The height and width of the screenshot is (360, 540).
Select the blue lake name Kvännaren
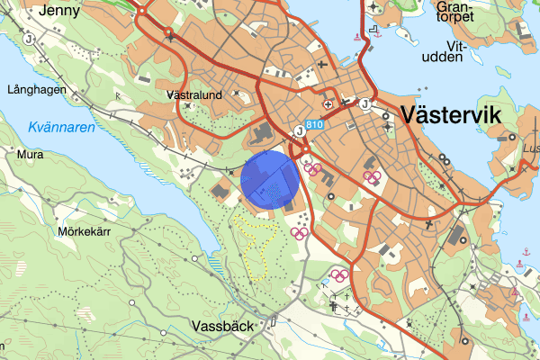click(61, 128)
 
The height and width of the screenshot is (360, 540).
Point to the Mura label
click(30, 155)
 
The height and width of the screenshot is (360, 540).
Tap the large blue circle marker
click(269, 180)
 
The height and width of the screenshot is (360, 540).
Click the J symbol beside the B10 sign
click(298, 131)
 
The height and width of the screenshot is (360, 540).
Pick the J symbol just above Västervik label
click(364, 103)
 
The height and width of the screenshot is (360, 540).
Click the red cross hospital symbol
click(328, 105)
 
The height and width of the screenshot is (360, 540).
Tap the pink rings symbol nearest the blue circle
click(312, 166)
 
